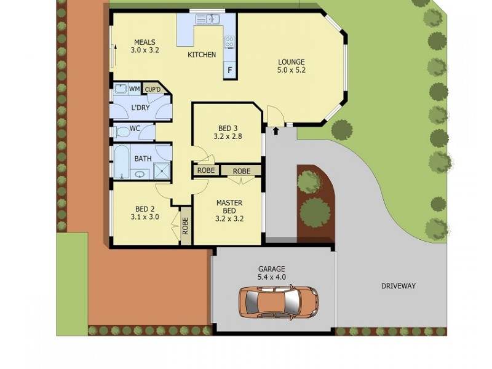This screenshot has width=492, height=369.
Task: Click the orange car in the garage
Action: [279, 301]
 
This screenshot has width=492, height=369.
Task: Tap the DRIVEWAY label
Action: [398, 286]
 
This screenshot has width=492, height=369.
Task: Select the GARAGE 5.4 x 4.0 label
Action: [272, 273]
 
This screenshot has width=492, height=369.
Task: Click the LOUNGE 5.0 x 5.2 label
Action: [292, 66]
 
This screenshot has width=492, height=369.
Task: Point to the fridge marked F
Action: [230, 69]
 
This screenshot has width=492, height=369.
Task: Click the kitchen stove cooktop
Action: [229, 42]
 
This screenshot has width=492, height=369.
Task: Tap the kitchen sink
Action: [208, 20]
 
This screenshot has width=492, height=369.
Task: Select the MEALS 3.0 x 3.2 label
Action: [145, 47]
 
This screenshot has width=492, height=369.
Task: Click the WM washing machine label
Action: [134, 89]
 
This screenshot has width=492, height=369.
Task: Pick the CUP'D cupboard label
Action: [152, 89]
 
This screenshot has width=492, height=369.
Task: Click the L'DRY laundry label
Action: [140, 108]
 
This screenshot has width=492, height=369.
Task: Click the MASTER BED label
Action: [229, 210]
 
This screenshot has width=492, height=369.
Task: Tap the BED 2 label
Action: [145, 212]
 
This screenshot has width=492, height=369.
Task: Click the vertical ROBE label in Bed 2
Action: [185, 228]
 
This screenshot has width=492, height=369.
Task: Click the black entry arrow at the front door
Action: [276, 130]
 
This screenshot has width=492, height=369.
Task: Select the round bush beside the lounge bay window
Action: [342, 130]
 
